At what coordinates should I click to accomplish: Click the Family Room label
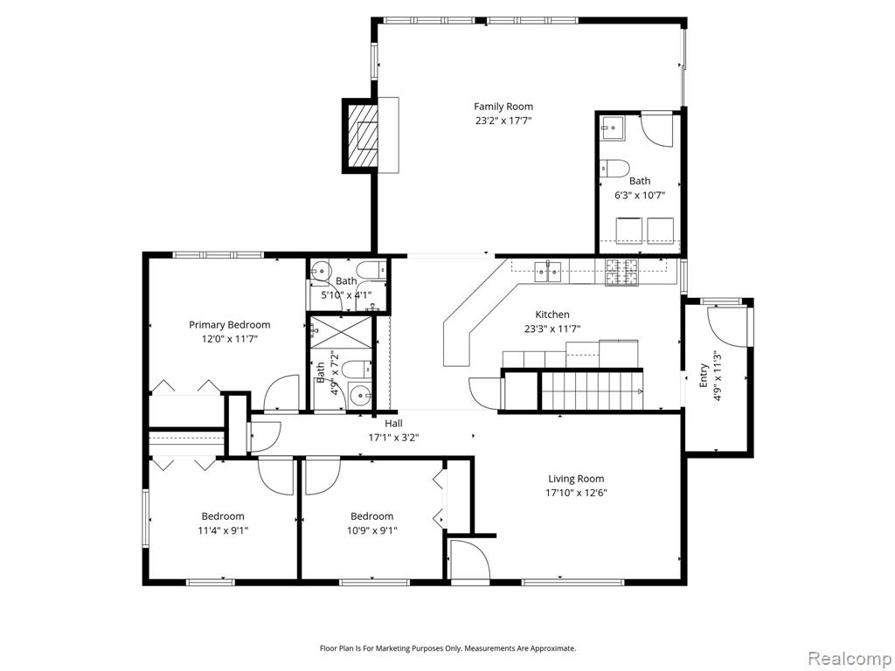tap(503, 107)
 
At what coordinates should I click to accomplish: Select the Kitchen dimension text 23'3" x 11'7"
tap(552, 329)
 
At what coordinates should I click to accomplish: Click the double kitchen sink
tap(548, 271)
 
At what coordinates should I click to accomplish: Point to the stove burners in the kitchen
tap(621, 272)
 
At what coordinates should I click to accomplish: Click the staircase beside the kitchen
tap(592, 391)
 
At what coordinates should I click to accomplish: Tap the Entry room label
tap(704, 375)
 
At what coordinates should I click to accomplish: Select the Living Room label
tap(576, 479)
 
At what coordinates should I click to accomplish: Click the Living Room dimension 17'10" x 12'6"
tap(576, 493)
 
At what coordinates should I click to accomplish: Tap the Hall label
tap(393, 424)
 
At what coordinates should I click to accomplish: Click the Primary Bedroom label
tap(230, 325)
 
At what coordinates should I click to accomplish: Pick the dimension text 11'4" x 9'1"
tap(223, 530)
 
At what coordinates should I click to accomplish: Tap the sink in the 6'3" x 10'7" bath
tap(612, 128)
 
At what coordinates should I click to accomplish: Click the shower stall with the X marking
tap(341, 332)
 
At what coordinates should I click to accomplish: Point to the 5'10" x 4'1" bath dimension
tap(346, 295)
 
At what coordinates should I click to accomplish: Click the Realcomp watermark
tap(850, 658)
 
